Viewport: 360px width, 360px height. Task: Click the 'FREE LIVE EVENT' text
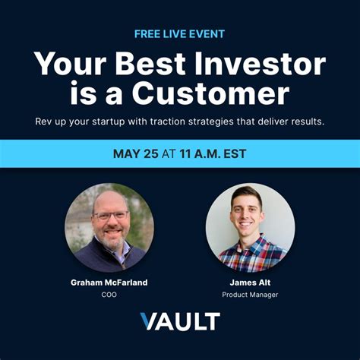(x=179, y=33)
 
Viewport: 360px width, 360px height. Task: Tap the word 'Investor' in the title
(x=257, y=64)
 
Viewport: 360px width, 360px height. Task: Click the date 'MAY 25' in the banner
(x=136, y=153)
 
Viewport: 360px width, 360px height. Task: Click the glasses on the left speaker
(x=110, y=215)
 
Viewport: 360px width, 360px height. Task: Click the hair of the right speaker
(x=248, y=194)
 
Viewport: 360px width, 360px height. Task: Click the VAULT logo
(x=180, y=321)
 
